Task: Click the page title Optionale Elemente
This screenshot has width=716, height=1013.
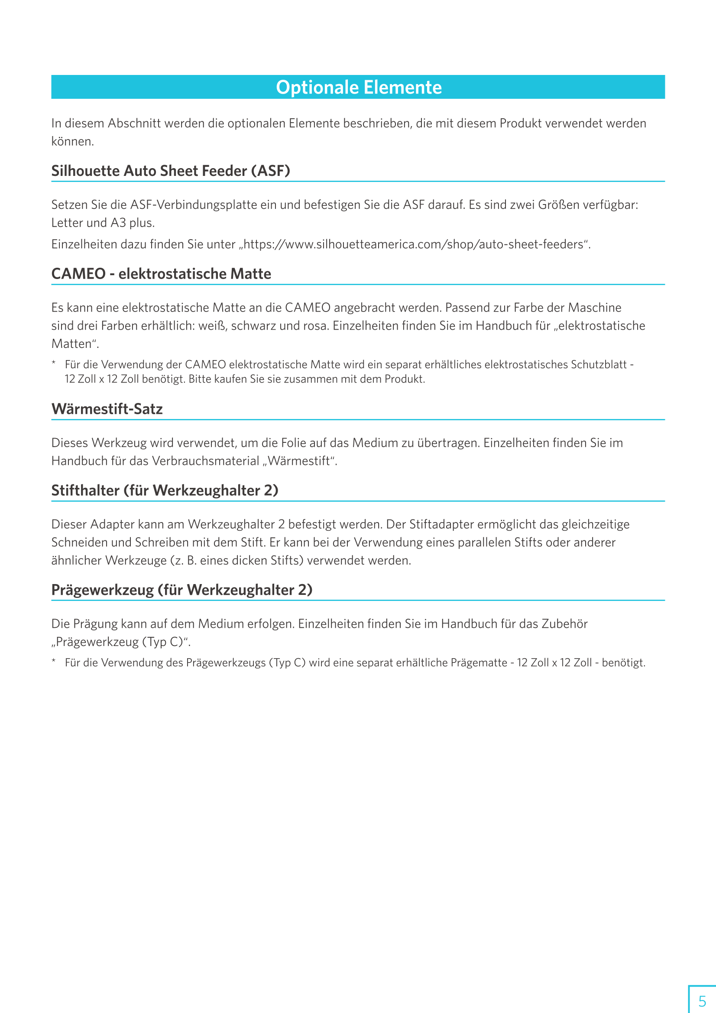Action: tap(358, 88)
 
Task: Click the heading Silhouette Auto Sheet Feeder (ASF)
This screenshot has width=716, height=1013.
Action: tap(170, 171)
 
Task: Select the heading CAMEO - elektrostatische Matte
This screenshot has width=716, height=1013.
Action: tap(161, 273)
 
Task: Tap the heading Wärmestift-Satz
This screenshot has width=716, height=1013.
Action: tap(107, 409)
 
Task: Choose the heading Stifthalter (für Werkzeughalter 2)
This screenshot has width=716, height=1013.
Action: tap(165, 490)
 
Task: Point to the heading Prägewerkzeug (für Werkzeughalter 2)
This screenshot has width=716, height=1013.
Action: tap(182, 590)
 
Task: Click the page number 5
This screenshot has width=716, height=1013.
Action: tap(702, 1000)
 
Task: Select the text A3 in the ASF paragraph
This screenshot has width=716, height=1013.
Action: tap(118, 223)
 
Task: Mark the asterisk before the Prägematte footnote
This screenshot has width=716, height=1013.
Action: tap(54, 660)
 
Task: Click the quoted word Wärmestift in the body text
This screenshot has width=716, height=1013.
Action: tap(299, 461)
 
